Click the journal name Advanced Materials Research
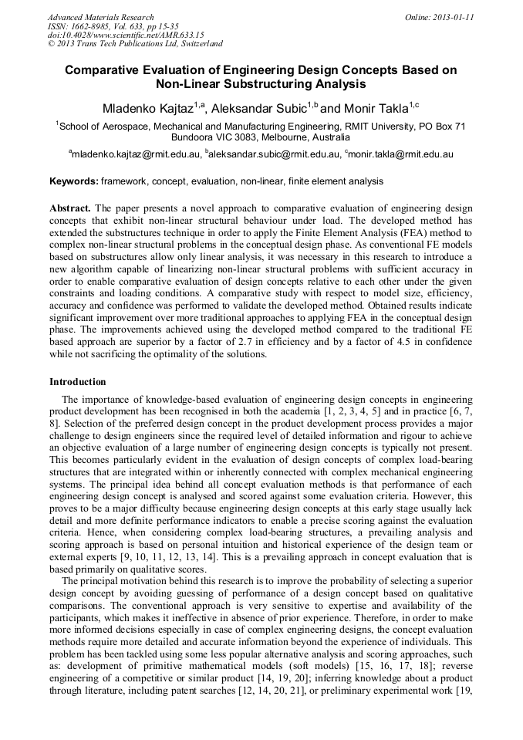pos(100,17)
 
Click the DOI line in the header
pos(126,35)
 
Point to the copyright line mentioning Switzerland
pos(135,45)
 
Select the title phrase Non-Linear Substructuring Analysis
pos(261,84)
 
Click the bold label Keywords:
pos(74,181)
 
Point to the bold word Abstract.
pos(70,209)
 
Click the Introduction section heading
pos(78,381)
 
